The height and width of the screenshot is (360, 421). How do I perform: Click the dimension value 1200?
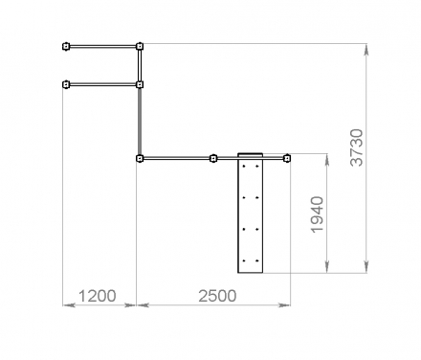click(97, 296)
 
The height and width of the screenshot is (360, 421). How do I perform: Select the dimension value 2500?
click(217, 296)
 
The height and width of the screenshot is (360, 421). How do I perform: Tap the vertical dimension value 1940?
click(318, 214)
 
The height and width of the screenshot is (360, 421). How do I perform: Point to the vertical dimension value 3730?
click(357, 147)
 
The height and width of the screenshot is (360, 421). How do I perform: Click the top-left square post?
click(66, 47)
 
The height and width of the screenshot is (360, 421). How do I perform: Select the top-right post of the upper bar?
click(140, 47)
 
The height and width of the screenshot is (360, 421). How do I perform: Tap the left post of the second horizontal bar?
click(66, 84)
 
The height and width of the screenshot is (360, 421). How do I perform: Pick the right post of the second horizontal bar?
click(140, 84)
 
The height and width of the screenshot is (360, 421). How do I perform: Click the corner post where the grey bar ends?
click(140, 158)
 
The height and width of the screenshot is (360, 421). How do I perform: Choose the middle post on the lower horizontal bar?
click(213, 158)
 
